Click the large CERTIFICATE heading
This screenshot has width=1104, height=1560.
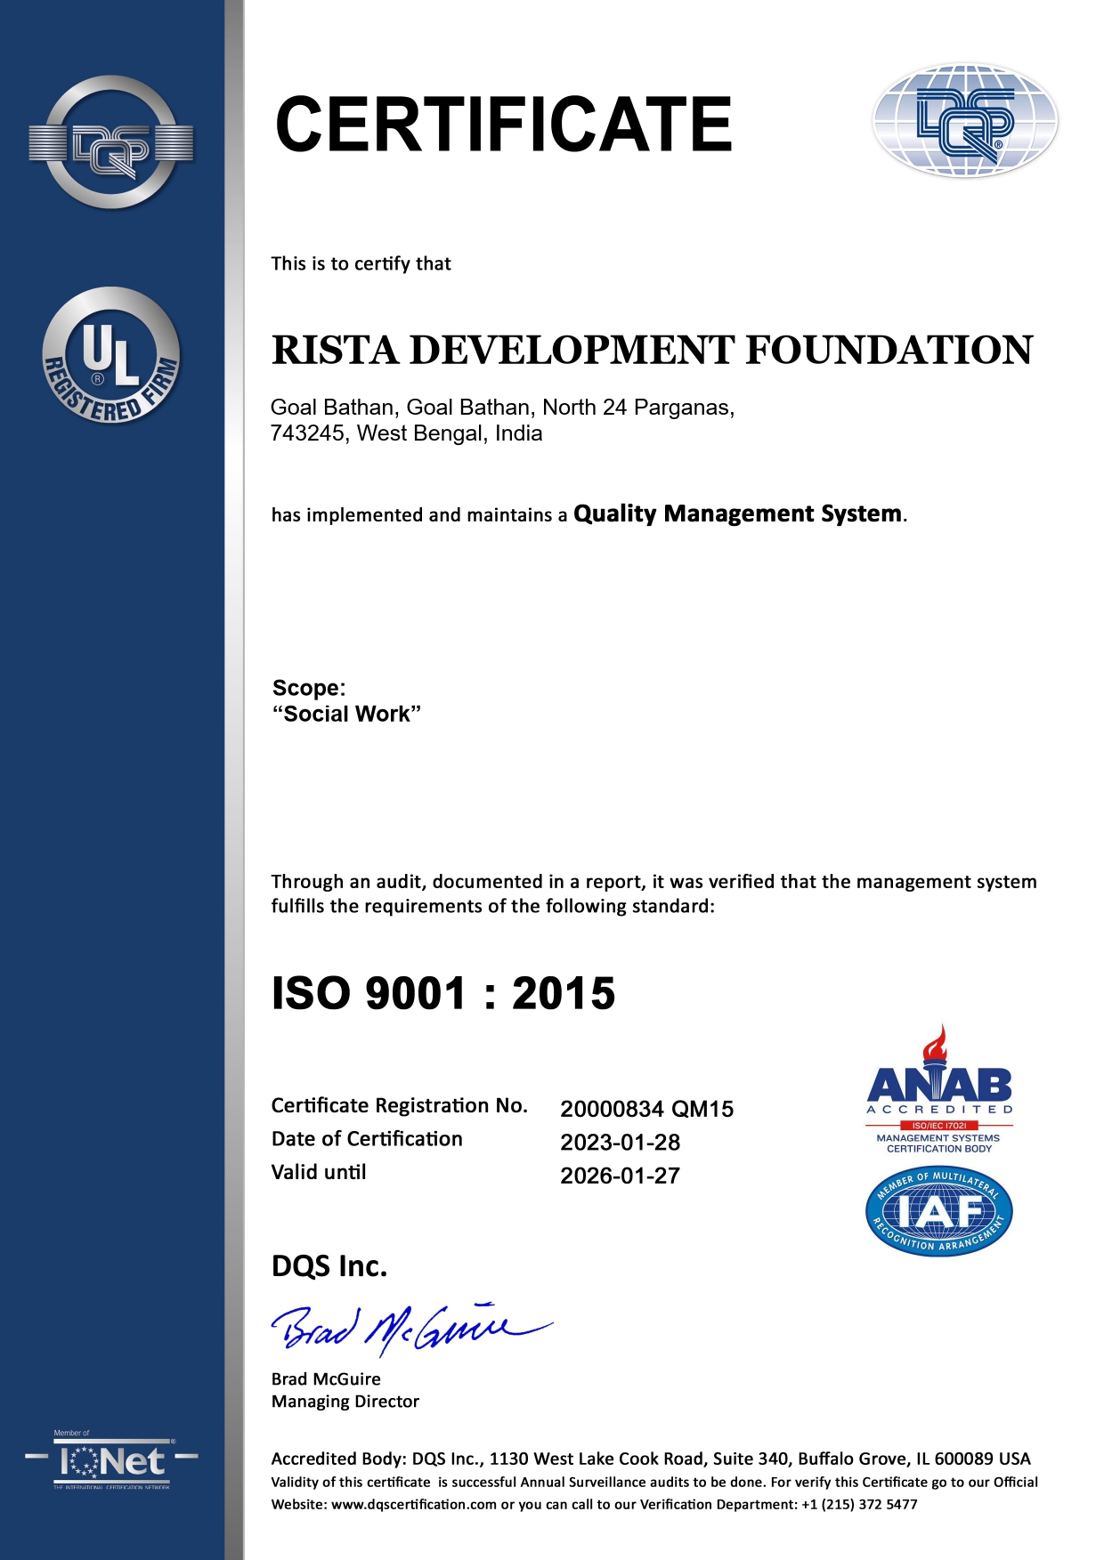503,125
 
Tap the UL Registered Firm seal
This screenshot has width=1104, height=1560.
111,355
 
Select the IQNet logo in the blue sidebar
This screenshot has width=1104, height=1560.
111,1462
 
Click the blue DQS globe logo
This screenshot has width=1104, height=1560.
965,120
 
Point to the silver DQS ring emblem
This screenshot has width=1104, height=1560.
111,142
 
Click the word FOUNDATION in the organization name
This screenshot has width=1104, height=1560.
889,350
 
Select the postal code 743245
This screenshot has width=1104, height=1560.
308,433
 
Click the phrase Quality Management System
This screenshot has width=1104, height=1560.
737,513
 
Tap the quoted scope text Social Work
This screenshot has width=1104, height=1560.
346,714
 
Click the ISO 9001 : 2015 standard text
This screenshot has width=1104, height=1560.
443,993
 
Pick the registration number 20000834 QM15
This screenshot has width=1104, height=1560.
646,1109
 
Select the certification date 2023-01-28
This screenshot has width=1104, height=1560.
620,1142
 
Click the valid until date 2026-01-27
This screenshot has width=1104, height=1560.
620,1176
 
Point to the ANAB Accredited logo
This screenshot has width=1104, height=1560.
939,1090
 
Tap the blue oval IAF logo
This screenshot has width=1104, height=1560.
939,1211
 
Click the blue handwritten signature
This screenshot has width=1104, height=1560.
410,1329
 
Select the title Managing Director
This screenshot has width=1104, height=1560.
345,1402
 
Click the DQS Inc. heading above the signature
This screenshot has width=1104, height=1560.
329,1265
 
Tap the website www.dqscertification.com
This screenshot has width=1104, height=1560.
414,1505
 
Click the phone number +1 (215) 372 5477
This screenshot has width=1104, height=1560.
859,1505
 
